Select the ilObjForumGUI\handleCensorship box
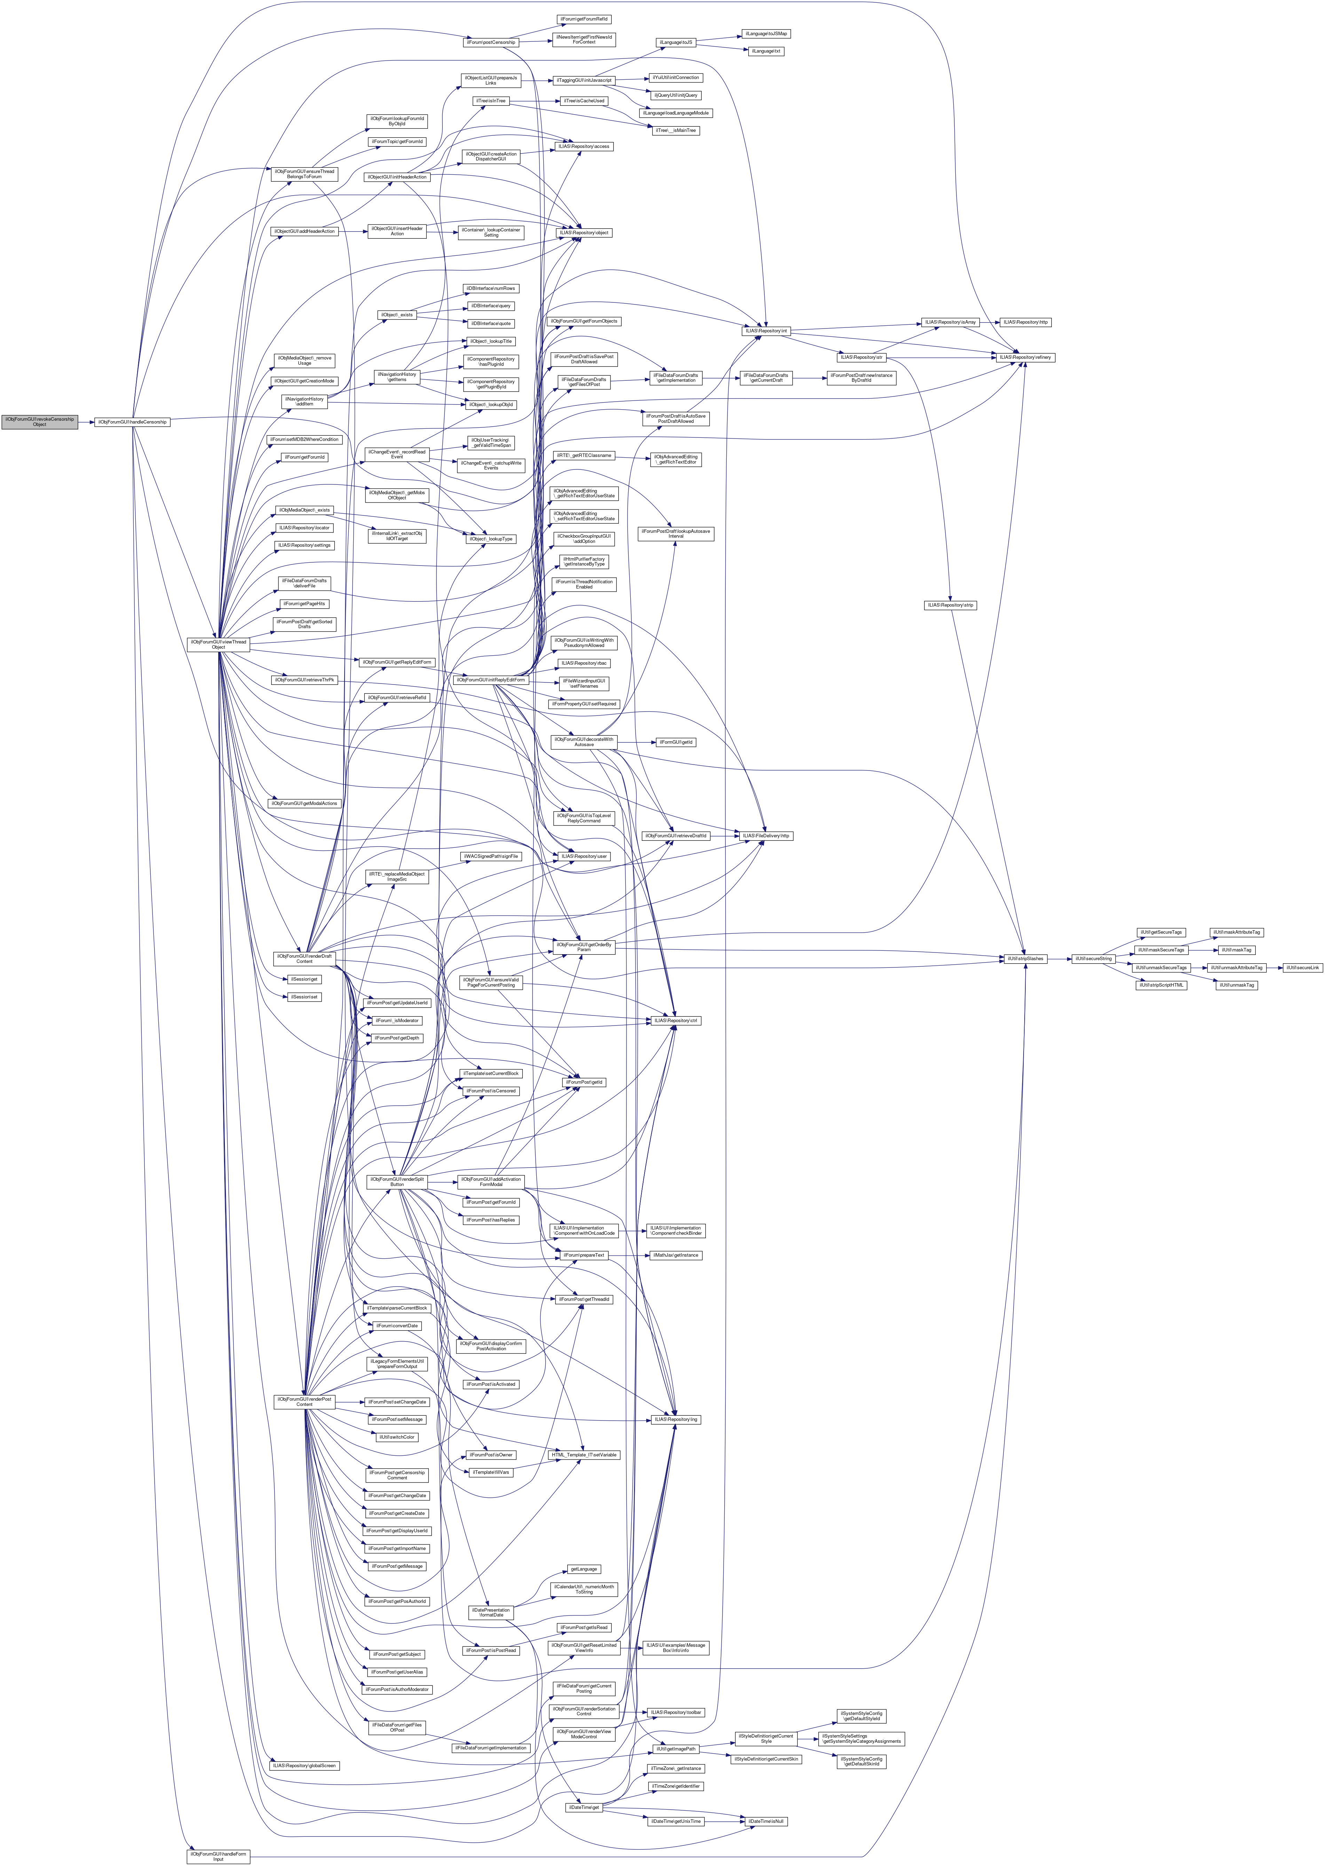[x=132, y=422]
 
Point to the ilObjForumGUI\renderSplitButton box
[x=396, y=1181]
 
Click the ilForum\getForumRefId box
[x=584, y=19]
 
